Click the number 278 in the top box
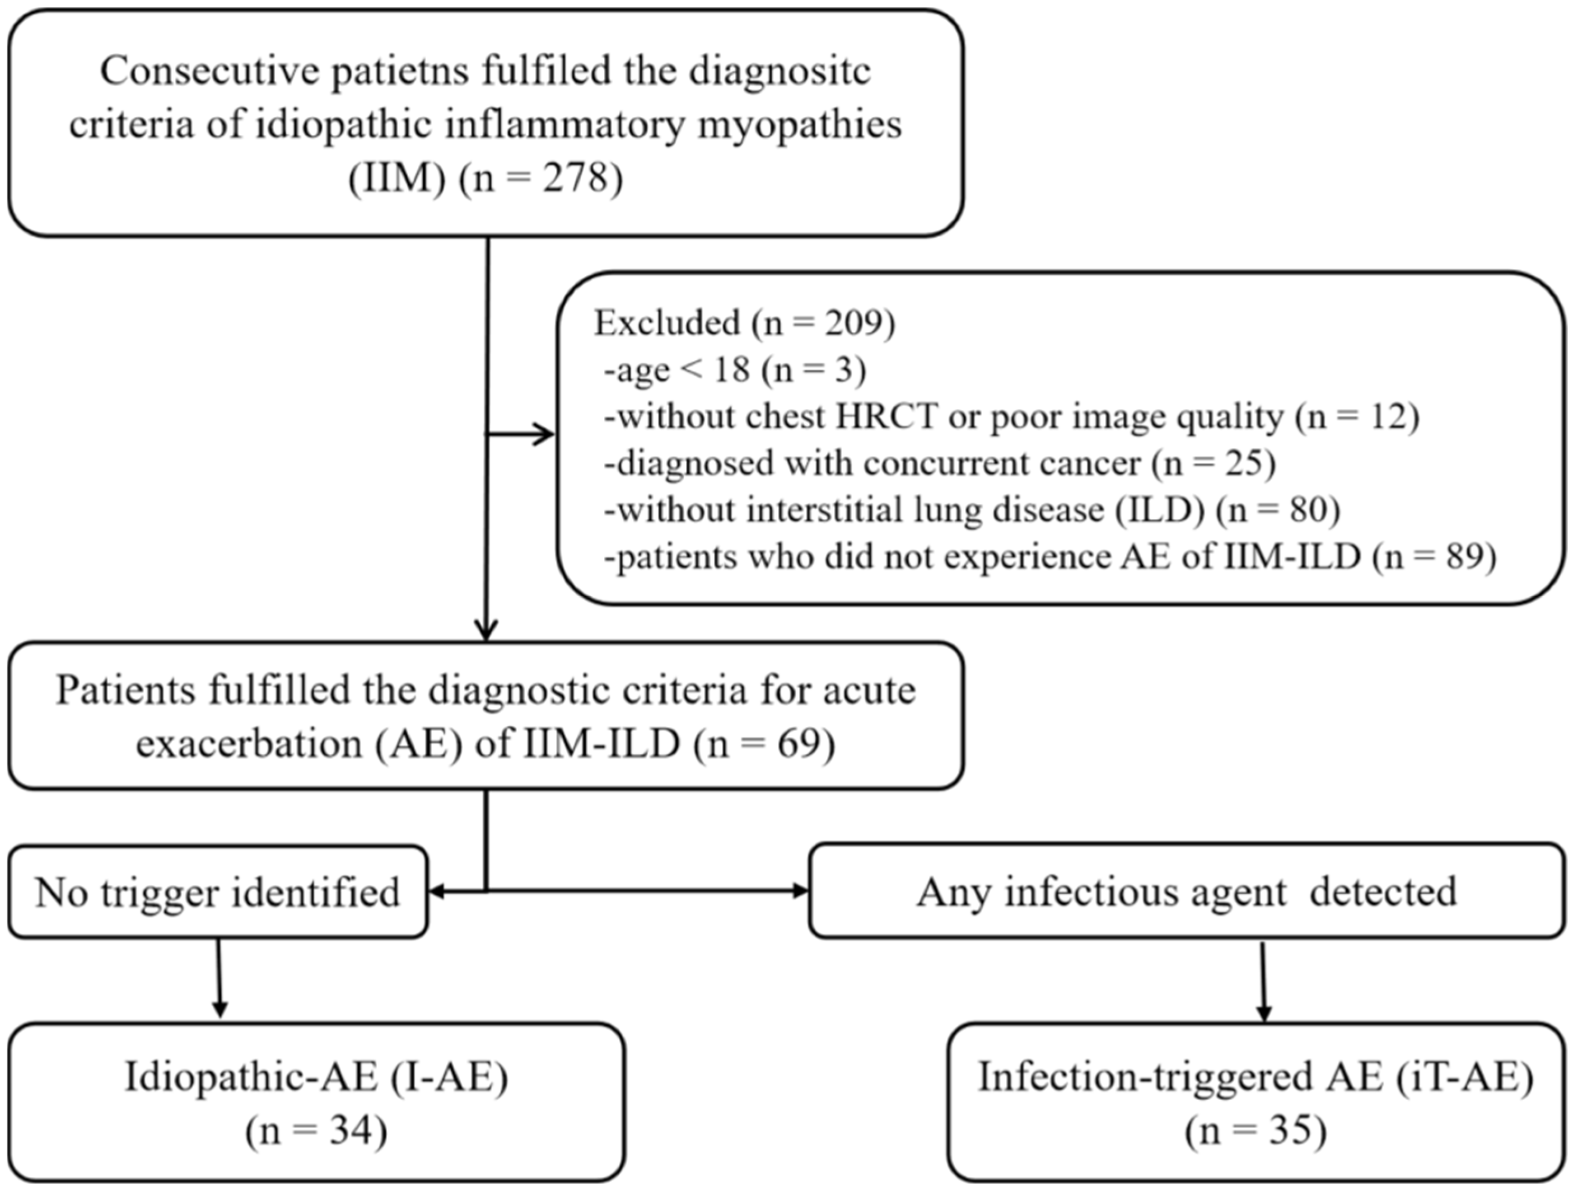[577, 178]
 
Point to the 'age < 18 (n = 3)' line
[735, 370]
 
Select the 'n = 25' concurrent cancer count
[1213, 464]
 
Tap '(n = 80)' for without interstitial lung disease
[1278, 510]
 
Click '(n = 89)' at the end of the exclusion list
[1434, 557]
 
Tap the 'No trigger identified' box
[218, 892]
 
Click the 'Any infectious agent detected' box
[1185, 892]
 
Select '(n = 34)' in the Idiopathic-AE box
[316, 1131]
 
